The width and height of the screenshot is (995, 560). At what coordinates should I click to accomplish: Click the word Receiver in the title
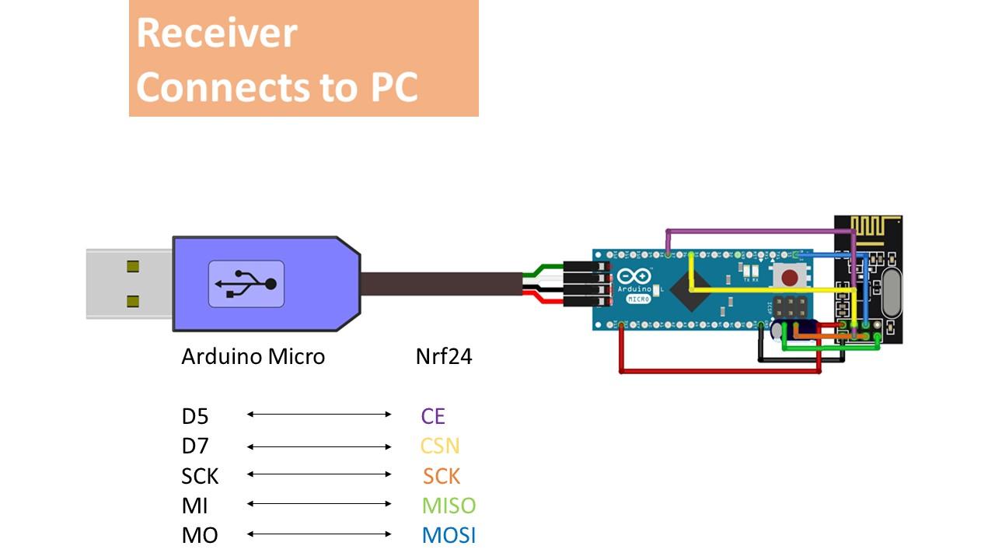pos(217,33)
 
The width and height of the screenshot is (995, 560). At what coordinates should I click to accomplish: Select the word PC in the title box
pos(389,86)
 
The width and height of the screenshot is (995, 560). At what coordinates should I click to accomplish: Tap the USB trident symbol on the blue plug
pos(246,284)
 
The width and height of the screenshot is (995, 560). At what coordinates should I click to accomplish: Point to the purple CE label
pos(433,416)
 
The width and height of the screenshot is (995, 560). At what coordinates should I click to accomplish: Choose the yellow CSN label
pos(440,446)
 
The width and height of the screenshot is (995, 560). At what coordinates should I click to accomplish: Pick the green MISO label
pos(449,506)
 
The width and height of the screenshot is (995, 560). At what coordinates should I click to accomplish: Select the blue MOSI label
pos(449,535)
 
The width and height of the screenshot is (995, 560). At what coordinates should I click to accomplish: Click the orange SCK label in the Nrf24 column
pos(442,476)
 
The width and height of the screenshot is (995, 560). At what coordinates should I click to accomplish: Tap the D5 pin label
pos(195,416)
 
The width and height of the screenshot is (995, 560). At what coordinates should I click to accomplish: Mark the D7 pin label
pos(195,446)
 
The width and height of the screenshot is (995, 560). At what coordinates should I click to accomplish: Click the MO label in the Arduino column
pos(200,535)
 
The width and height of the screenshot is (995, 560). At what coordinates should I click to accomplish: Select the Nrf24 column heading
pos(444,356)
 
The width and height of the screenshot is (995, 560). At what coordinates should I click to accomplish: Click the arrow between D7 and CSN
pos(319,446)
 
